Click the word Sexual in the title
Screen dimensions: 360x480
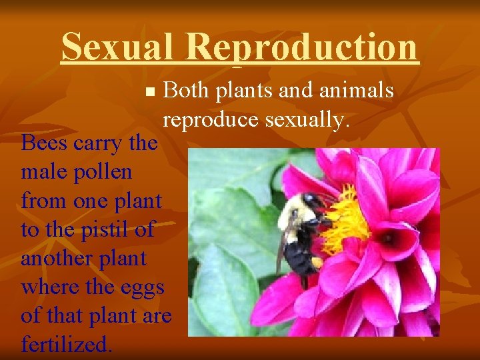[x=117, y=47]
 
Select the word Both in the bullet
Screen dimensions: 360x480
[x=185, y=90]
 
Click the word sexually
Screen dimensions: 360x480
[x=307, y=119]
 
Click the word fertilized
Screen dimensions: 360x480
[x=67, y=345]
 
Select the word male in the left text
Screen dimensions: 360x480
[x=43, y=171]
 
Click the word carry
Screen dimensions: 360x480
[x=96, y=142]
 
